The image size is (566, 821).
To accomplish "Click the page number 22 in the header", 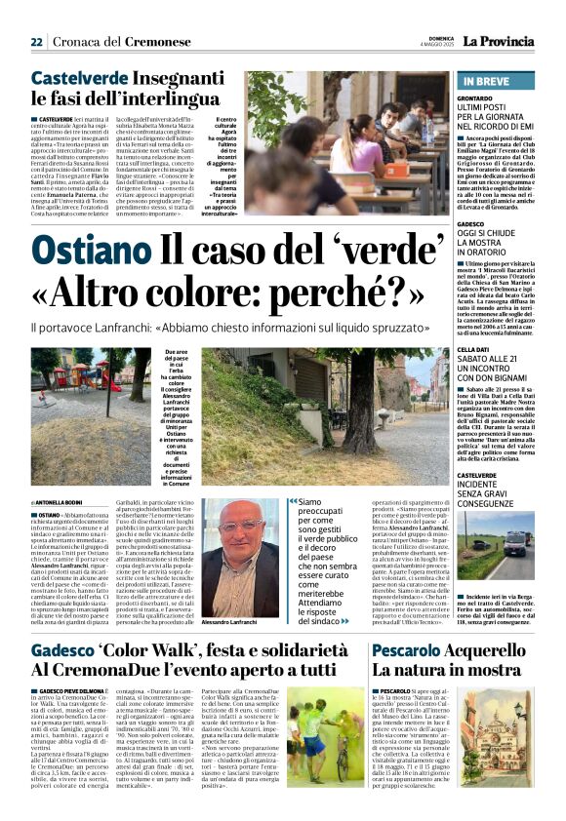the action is [36, 41].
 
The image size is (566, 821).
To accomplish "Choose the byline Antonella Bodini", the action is [64, 501].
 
